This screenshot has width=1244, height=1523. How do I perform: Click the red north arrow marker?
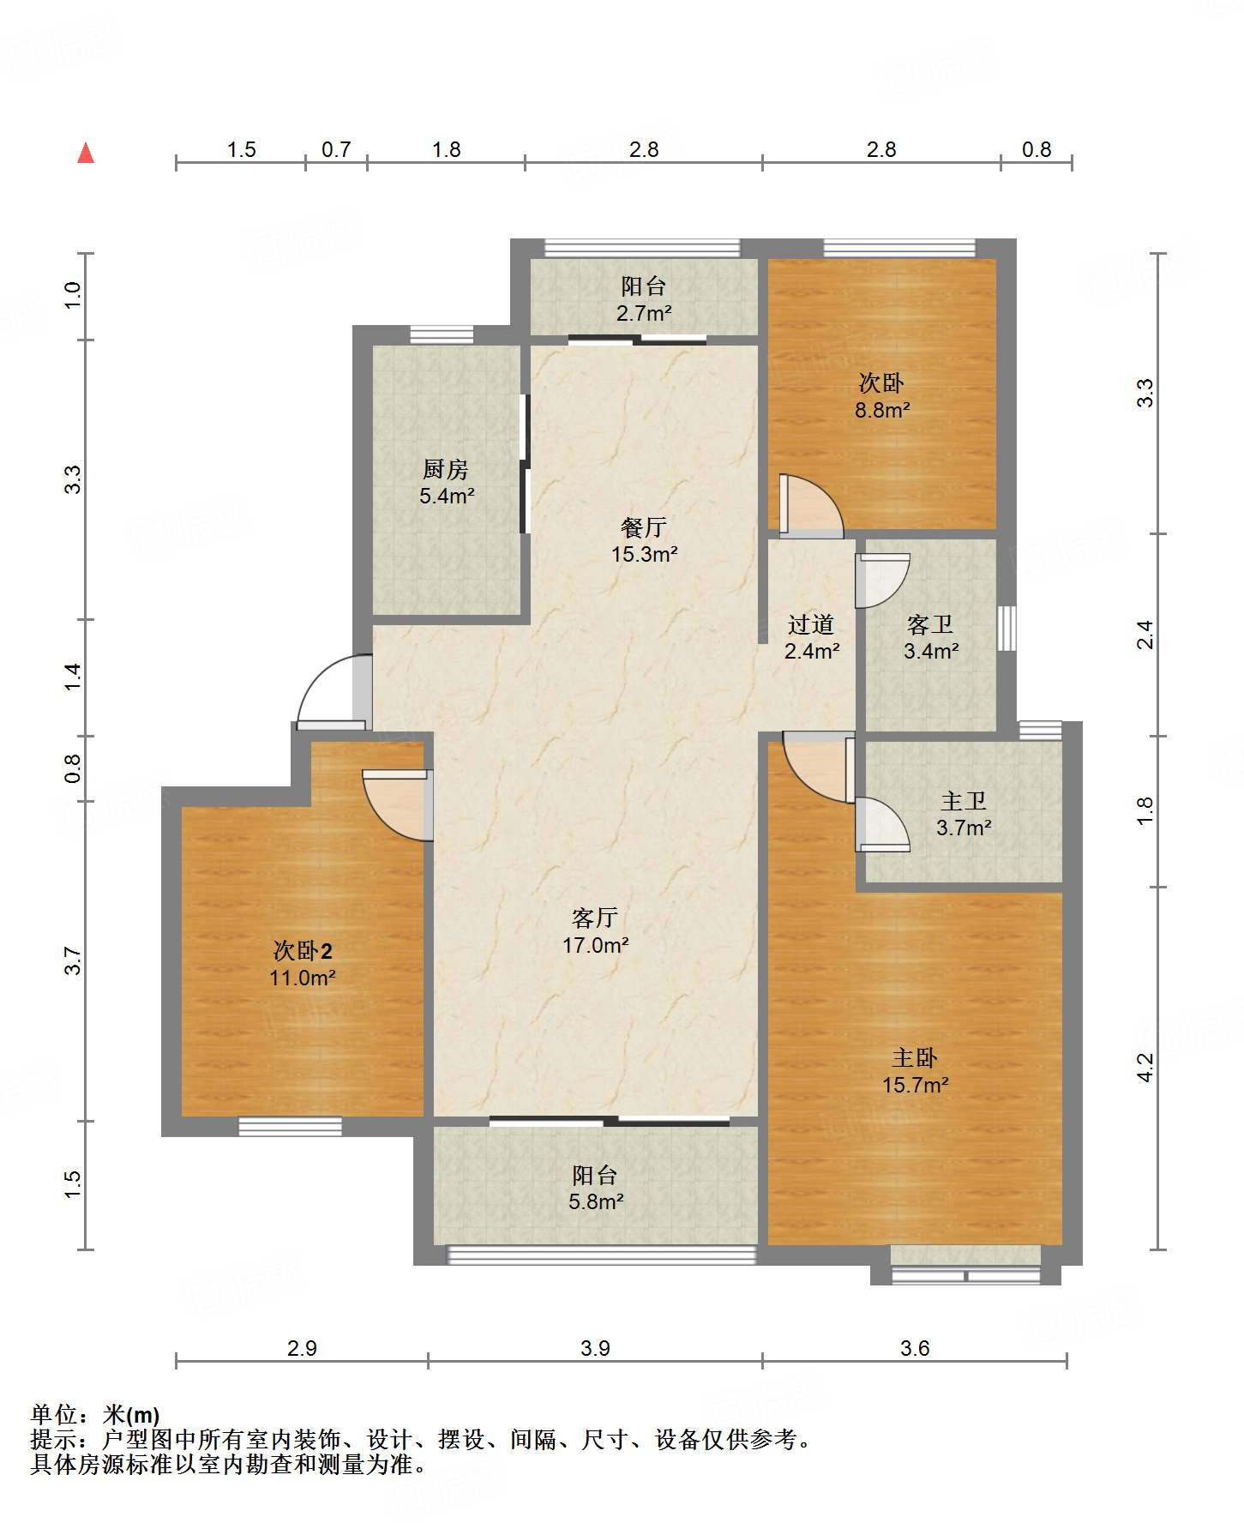pos(86,153)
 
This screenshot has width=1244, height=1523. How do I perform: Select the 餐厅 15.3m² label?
pos(644,540)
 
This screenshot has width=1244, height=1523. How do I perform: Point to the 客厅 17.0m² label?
pos(595,931)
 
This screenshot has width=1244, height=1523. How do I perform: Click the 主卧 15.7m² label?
pos(915,1071)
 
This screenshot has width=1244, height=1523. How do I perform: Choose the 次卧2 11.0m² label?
pos(303,964)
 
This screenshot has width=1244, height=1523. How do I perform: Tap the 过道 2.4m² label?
pos(811,637)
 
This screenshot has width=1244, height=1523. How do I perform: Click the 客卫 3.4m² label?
pos(931,637)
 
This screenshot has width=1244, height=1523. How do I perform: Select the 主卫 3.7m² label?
pos(964,814)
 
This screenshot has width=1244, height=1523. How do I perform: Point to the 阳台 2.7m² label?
pos(643,299)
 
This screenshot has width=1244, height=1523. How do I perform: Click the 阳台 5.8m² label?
pos(595,1188)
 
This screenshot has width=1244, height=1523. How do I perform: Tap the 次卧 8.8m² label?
pos(882,395)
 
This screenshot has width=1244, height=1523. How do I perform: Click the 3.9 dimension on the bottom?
pos(595,1348)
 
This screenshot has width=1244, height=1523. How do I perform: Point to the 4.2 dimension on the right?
pos(1145,1068)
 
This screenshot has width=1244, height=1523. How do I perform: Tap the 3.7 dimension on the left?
pos(73,960)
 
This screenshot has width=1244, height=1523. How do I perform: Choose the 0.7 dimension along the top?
pos(336,149)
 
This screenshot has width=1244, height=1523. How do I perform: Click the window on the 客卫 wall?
pos(1007,629)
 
